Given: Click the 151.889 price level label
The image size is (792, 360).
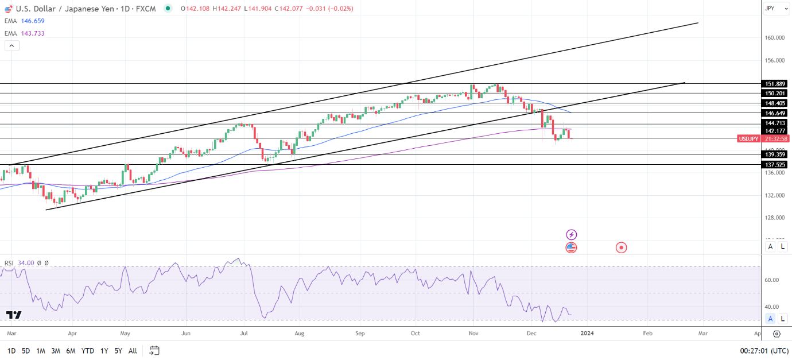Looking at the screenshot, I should click(775, 83).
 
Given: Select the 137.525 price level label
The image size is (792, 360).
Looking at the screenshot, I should click(775, 165).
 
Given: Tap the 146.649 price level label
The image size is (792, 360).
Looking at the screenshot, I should click(775, 113).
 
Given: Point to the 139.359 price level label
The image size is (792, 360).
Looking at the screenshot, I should click(775, 154).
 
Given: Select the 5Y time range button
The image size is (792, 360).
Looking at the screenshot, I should click(118, 350).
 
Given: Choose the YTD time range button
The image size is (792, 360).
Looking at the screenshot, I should click(88, 350).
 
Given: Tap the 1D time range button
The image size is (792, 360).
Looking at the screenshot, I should click(11, 350).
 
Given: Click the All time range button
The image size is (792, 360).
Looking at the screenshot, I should click(133, 350).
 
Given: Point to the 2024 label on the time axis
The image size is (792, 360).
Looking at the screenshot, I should click(587, 332).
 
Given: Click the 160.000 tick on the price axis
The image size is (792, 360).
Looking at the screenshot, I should click(774, 38).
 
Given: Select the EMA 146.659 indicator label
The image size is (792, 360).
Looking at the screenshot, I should click(24, 21).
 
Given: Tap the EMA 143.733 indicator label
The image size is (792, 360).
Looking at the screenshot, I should click(24, 33).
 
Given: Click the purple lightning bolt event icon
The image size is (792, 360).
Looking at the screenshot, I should click(571, 234).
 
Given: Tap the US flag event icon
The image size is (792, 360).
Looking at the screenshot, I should click(571, 247).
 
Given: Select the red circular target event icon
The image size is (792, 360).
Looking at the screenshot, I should click(622, 247).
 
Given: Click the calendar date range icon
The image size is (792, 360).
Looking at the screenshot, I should click(154, 350).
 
